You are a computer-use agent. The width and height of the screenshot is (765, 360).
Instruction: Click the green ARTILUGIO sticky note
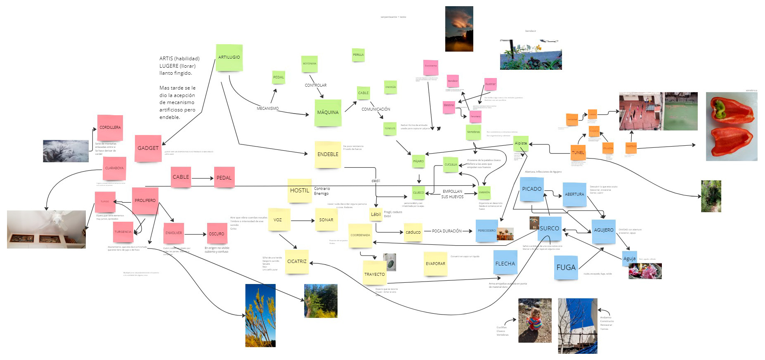click(x=229, y=57)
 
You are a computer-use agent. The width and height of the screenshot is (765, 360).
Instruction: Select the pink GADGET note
click(x=148, y=148)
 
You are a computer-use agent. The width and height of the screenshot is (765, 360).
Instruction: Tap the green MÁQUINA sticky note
click(x=328, y=112)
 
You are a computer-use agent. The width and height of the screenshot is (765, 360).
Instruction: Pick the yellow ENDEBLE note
click(x=328, y=154)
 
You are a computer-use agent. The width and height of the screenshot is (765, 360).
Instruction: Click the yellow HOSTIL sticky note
click(x=299, y=190)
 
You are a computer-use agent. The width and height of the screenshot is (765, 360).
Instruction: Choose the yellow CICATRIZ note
click(x=297, y=261)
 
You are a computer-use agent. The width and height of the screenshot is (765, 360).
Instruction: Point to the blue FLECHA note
click(x=505, y=263)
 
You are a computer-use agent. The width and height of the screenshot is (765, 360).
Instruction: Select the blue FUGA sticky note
click(x=566, y=268)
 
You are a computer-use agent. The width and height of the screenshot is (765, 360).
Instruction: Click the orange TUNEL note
click(x=578, y=152)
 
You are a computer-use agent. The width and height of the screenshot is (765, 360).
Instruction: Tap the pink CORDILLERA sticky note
click(x=110, y=128)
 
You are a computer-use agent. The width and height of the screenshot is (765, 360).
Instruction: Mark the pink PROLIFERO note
click(x=145, y=200)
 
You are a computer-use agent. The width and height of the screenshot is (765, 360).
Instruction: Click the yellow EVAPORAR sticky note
click(x=435, y=263)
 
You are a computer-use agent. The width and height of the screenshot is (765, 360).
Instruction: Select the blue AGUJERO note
click(x=603, y=230)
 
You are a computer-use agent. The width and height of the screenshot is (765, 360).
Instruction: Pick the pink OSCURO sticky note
click(x=216, y=234)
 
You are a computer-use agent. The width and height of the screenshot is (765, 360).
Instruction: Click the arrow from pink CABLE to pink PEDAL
click(x=202, y=178)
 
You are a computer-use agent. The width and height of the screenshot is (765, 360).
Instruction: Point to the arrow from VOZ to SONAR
click(x=302, y=220)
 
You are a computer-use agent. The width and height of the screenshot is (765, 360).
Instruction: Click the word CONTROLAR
click(x=316, y=85)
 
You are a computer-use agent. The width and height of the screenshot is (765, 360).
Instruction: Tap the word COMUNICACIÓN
click(x=375, y=109)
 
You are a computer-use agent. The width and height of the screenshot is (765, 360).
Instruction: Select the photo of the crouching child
click(x=535, y=320)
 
